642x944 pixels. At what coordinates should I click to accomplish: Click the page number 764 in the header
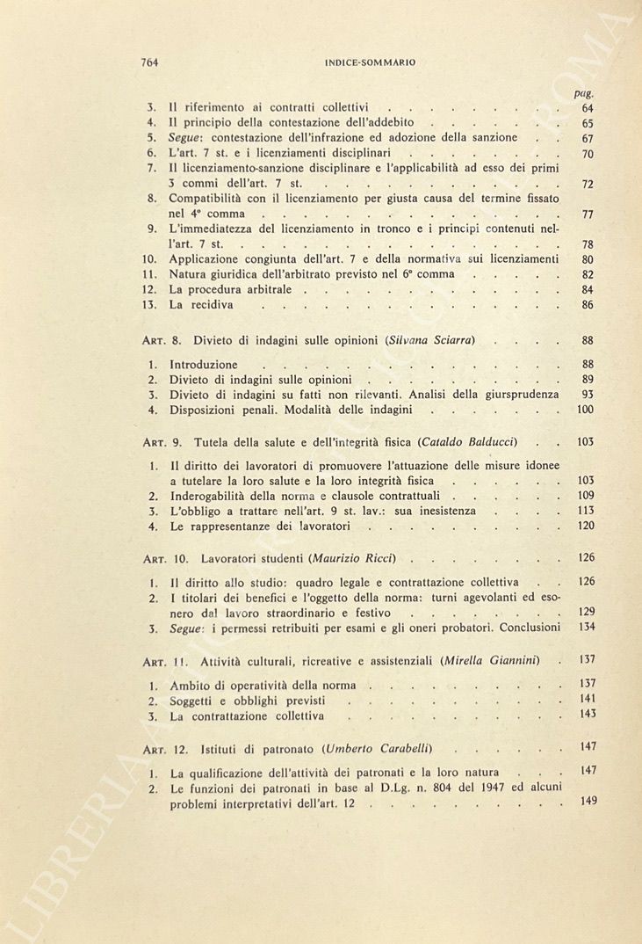click(148, 62)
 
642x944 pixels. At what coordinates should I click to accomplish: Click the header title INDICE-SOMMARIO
click(369, 62)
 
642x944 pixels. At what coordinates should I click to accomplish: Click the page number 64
click(588, 108)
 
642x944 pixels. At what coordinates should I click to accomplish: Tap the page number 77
click(588, 214)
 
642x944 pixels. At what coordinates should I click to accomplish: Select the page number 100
click(586, 410)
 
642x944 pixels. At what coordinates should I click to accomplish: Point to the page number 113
click(586, 511)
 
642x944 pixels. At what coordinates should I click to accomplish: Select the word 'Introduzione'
click(203, 364)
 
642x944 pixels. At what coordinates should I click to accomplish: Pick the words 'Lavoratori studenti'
click(256, 559)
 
